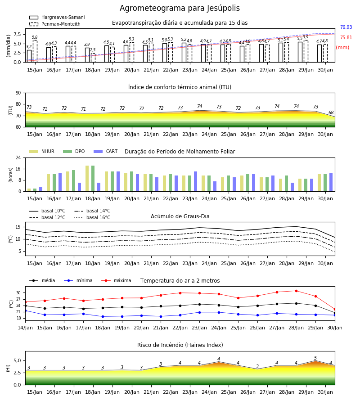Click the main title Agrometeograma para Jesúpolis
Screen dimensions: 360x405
(x=180, y=8)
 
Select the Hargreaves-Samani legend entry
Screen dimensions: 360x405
(x=57, y=17)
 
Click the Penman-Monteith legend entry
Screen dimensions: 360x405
(x=55, y=24)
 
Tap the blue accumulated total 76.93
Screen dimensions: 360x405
(x=346, y=27)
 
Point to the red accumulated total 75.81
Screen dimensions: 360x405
(x=346, y=37)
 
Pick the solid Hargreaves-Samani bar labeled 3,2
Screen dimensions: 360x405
(x=29, y=56)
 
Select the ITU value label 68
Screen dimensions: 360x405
(x=331, y=112)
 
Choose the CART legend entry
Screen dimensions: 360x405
(x=106, y=151)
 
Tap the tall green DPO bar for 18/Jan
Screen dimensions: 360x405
(x=93, y=179)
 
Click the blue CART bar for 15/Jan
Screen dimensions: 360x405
(x=40, y=189)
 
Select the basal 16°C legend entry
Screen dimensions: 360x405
(x=92, y=217)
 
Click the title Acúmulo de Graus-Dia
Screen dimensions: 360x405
(x=180, y=216)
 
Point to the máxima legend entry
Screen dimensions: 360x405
(x=117, y=280)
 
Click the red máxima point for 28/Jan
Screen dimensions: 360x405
(x=296, y=291)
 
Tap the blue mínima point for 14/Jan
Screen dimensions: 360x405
(x=25, y=310)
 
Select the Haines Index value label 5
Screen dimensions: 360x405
(x=315, y=358)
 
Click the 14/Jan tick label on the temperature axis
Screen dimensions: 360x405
(x=25, y=328)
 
